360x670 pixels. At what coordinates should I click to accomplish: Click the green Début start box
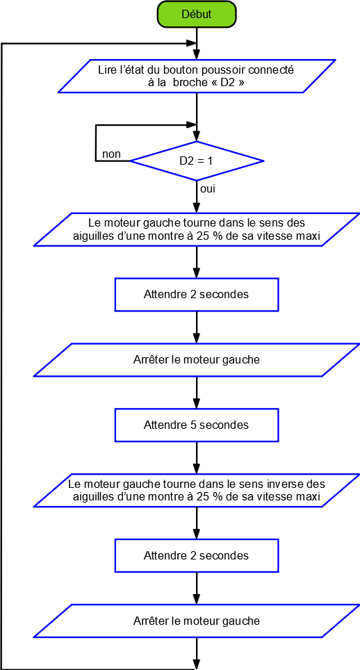[197, 14]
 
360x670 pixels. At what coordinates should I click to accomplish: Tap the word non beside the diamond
[111, 154]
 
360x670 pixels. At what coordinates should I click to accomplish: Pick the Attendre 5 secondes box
[197, 425]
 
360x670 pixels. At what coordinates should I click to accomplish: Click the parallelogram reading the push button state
[195, 76]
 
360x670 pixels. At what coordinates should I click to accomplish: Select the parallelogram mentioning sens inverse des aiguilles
[197, 490]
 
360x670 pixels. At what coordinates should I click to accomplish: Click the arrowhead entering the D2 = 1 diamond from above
[197, 136]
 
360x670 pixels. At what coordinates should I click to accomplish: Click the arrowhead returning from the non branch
[192, 125]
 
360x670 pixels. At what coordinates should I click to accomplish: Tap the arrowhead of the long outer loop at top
[192, 43]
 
